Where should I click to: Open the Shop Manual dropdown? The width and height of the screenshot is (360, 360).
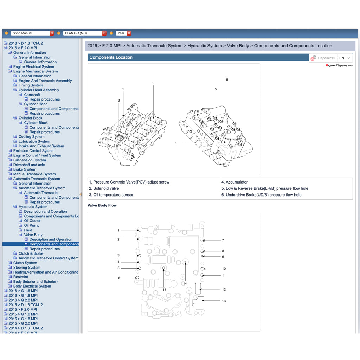(32, 33)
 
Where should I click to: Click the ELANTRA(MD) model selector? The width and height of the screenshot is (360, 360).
(85, 33)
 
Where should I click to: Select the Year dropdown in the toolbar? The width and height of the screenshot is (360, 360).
(123, 33)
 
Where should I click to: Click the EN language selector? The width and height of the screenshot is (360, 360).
(345, 58)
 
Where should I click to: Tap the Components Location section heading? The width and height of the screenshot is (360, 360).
(111, 57)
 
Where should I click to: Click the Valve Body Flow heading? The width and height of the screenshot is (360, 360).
(102, 205)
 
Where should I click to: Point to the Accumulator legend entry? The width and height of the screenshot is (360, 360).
(234, 182)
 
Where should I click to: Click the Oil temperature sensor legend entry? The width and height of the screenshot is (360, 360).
(111, 195)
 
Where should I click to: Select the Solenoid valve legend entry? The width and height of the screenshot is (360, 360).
(104, 188)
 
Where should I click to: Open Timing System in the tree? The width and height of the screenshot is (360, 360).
(31, 85)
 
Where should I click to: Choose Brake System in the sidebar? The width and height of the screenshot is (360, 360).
(25, 169)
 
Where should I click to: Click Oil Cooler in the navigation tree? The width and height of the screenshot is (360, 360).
(32, 221)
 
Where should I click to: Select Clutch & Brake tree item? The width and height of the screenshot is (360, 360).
(31, 253)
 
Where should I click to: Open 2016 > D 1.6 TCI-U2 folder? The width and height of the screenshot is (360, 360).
(25, 43)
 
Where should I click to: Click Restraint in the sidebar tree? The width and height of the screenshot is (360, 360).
(21, 277)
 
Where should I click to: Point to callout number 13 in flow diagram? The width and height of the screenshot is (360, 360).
(224, 301)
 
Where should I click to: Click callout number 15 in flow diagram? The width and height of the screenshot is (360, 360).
(165, 290)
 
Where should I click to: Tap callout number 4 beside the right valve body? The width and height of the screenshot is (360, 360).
(176, 143)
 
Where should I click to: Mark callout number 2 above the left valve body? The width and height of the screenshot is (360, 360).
(153, 83)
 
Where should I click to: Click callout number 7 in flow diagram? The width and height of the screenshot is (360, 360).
(223, 240)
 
